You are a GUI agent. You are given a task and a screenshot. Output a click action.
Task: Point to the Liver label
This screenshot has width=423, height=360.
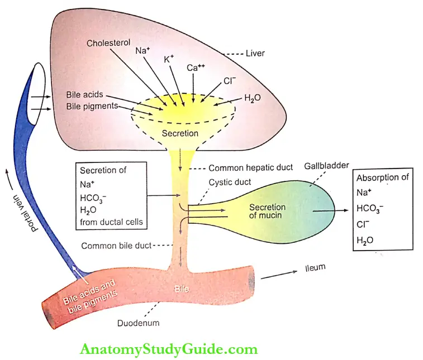(254, 53)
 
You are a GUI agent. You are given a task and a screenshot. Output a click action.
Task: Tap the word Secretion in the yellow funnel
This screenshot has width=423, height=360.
(180, 133)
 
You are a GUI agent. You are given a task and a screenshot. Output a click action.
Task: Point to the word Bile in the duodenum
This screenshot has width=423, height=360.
(182, 290)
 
